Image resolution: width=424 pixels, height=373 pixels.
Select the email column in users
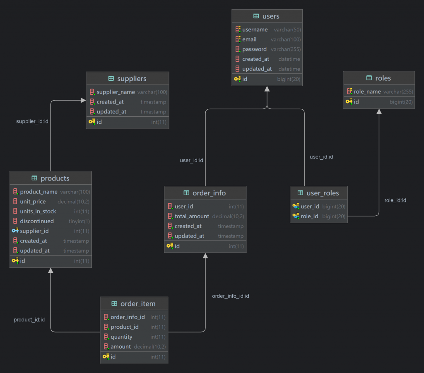249,39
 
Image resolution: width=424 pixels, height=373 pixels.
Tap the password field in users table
254,49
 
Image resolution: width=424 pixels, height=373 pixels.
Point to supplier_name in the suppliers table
116,92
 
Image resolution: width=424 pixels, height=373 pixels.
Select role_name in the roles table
367,91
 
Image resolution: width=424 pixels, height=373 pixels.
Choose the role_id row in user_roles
309,216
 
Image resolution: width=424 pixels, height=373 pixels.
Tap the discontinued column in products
37,221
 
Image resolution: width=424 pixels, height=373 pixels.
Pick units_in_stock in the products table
38,211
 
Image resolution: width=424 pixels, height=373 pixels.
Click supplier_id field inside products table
34,231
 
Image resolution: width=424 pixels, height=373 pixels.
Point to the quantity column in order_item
121,337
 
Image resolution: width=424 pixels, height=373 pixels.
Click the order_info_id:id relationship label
230,296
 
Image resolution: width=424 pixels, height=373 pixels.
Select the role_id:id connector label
395,200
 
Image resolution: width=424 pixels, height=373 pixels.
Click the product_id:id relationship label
29,320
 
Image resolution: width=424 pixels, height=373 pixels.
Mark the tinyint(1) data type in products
79,221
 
